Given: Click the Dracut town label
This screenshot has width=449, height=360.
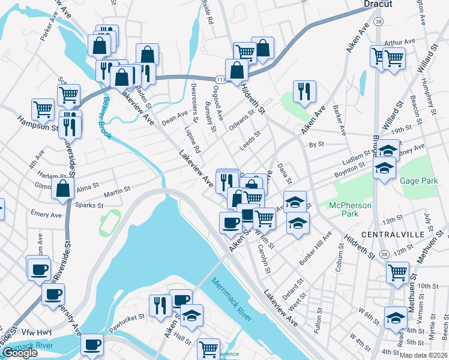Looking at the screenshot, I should [378, 4].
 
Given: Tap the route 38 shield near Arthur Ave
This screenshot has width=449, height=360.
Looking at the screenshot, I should [376, 21].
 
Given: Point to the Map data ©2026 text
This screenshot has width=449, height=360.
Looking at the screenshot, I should [424, 355].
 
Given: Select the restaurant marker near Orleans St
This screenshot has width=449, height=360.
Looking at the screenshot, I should [304, 92].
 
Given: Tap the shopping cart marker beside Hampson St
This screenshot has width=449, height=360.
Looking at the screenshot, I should [43, 109].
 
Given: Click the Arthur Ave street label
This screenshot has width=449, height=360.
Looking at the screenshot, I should [400, 42].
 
